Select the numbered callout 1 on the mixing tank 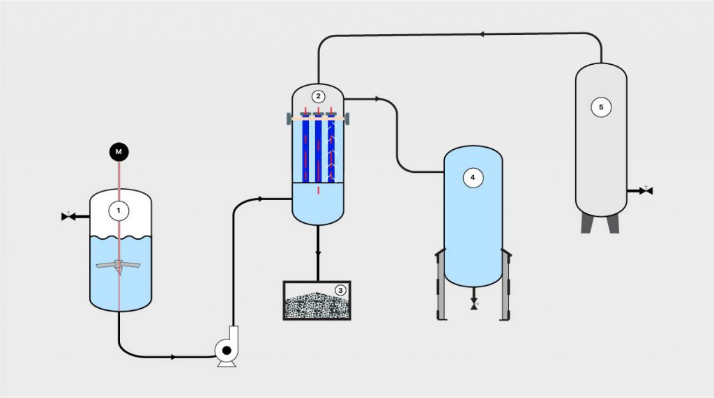(119, 209)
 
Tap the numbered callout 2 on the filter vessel (319, 96)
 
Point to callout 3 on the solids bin (340, 290)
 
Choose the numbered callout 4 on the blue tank (473, 178)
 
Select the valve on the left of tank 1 (68, 217)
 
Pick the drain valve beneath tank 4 (474, 305)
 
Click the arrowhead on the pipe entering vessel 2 (260, 199)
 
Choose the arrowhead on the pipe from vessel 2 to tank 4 (377, 99)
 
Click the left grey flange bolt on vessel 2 (289, 119)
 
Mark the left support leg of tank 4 (440, 286)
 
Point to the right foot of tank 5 (613, 224)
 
